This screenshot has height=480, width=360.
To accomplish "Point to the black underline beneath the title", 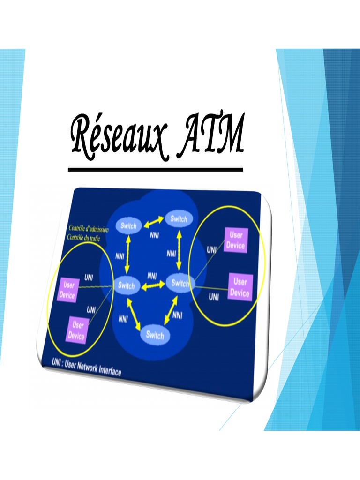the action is [155, 169].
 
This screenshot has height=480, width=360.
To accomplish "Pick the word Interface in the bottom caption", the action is [109, 371].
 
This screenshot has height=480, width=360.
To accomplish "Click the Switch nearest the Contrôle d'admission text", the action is [128, 226].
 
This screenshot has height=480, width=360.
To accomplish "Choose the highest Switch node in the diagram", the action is [179, 219].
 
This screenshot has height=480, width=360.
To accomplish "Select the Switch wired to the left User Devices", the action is [126, 285].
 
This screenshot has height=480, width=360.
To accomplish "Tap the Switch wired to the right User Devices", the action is [180, 283].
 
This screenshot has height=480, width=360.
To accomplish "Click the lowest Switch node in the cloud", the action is [155, 335].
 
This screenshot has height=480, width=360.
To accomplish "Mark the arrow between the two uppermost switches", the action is [153, 223].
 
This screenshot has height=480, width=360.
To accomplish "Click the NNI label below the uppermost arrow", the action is [155, 235].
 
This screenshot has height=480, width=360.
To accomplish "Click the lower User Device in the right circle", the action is [240, 287].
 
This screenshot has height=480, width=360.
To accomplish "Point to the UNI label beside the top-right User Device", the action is [212, 250].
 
